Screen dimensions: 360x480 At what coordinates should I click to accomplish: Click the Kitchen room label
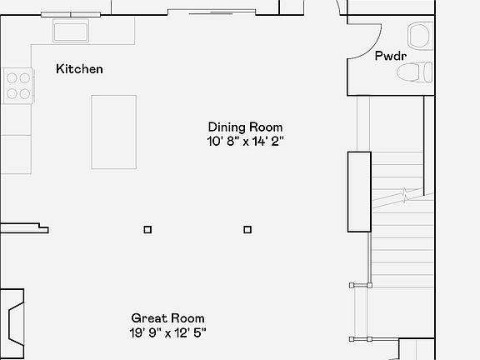tap(79, 69)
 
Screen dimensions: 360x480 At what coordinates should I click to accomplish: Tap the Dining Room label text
tap(246, 127)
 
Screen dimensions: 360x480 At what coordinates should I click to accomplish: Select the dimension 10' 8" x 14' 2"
tap(246, 141)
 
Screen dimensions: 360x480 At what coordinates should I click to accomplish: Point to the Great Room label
tap(167, 318)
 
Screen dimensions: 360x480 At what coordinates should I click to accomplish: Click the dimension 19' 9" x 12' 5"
tap(167, 332)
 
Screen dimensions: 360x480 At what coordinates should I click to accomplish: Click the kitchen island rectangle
tap(113, 132)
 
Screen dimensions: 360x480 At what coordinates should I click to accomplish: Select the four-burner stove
tap(18, 85)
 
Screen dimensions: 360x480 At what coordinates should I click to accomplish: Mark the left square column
tap(147, 229)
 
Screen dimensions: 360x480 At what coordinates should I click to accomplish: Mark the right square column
tap(247, 229)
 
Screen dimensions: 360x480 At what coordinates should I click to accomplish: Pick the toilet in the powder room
tap(414, 72)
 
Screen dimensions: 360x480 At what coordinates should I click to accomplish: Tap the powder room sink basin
tap(418, 36)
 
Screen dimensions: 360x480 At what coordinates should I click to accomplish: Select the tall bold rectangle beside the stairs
tap(359, 192)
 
